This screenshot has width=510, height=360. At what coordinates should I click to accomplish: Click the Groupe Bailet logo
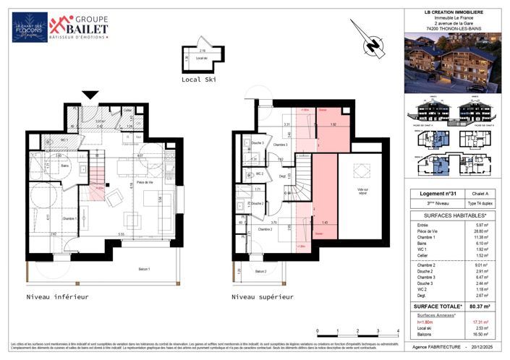click(80, 27)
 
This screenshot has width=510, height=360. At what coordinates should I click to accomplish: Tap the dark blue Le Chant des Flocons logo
click(30, 27)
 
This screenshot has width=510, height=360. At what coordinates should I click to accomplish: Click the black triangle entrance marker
click(90, 95)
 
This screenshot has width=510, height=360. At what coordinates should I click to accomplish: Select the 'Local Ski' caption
click(199, 80)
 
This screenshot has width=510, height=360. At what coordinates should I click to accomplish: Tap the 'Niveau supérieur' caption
click(263, 296)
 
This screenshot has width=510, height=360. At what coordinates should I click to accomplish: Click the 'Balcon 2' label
click(259, 271)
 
